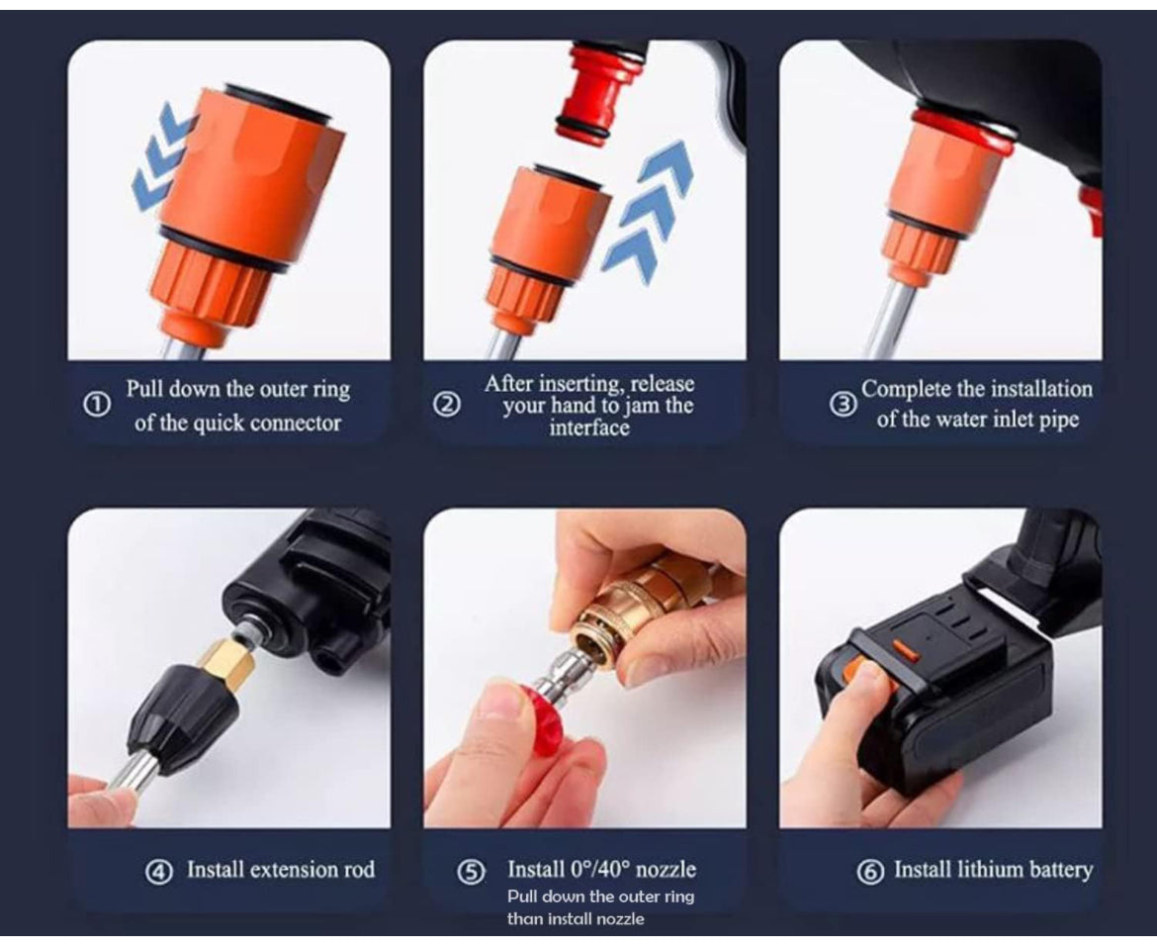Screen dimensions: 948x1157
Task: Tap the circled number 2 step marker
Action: (448, 405)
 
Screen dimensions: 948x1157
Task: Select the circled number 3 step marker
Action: (843, 405)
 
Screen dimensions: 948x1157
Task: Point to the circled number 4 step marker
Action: (158, 872)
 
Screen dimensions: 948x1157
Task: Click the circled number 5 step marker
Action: (472, 872)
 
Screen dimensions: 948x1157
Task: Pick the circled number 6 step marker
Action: (870, 872)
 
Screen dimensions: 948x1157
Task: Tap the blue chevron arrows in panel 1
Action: (163, 160)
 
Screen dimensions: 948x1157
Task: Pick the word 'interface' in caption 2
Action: (589, 427)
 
